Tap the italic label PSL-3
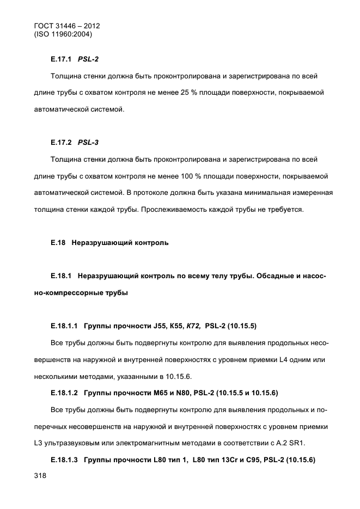pyautogui.click(x=88, y=143)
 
